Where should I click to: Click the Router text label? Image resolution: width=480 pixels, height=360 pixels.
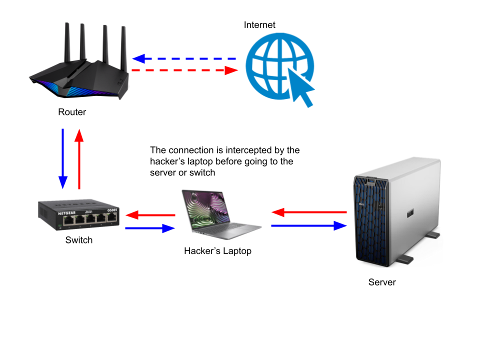point(72,112)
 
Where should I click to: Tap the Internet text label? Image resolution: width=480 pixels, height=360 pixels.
point(259,25)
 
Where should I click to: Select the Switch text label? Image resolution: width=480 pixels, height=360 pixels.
point(79,240)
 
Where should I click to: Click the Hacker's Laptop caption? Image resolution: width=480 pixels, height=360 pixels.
point(217,251)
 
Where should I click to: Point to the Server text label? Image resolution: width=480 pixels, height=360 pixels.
point(382,282)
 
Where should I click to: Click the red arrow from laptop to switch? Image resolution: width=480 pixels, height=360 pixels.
point(150,215)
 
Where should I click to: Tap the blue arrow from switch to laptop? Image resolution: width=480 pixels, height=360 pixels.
point(150,228)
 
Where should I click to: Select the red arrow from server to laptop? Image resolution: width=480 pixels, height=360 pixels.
point(309,212)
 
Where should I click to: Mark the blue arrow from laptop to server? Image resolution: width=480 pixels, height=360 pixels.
point(309,226)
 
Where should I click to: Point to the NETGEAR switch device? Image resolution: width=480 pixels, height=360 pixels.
point(79,215)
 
